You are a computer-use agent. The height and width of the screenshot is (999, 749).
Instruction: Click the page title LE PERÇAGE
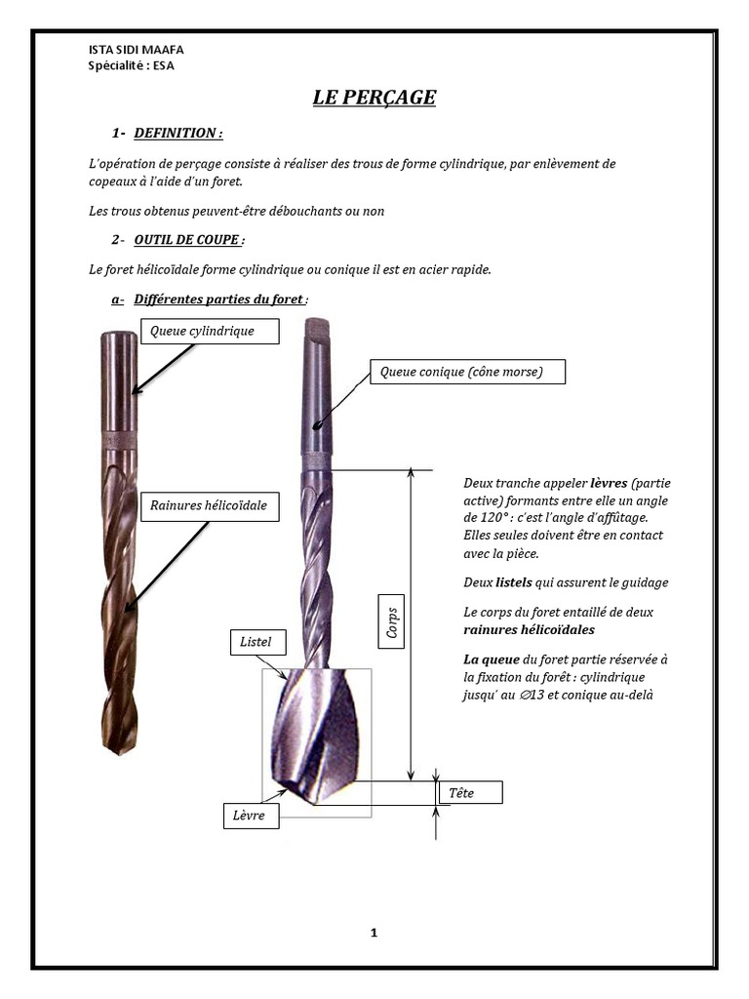[374, 98]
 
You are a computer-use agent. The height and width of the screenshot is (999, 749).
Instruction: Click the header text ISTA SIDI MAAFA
[136, 50]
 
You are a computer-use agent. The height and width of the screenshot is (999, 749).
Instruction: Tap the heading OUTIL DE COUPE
[189, 240]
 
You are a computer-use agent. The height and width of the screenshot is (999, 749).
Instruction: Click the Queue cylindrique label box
[210, 331]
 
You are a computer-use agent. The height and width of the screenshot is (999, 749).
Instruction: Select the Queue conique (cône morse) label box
[468, 372]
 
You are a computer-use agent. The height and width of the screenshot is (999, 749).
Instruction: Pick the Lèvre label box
[250, 815]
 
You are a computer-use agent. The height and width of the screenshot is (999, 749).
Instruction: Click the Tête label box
[470, 793]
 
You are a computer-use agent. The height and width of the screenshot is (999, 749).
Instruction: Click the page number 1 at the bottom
[374, 933]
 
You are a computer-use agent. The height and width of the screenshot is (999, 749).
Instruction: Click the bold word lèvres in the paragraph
[609, 483]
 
